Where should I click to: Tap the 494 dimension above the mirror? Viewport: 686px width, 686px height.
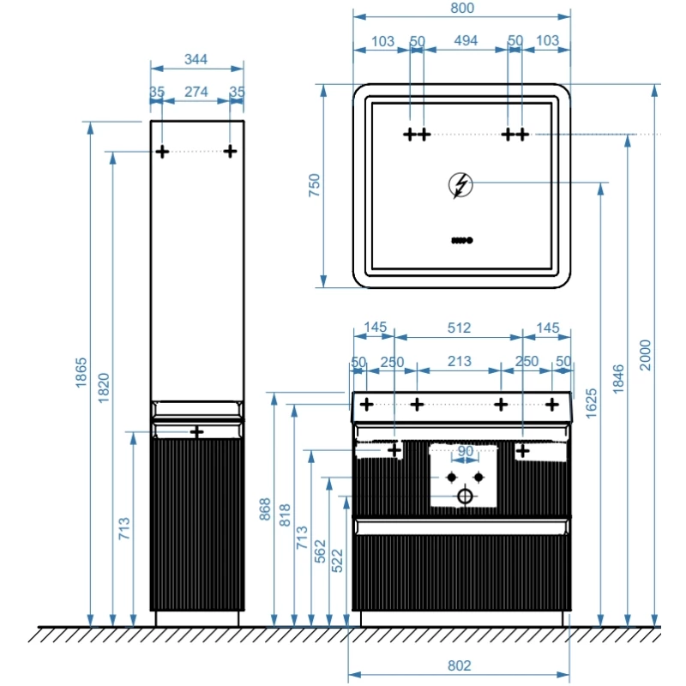[466, 40]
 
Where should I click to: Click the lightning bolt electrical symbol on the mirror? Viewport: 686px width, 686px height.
[460, 185]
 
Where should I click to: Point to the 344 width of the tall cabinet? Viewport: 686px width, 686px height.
[196, 60]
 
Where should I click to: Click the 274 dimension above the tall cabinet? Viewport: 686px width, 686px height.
[197, 92]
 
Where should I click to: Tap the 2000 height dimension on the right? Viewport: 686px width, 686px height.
[647, 352]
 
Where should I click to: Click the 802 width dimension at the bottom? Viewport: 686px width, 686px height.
[460, 665]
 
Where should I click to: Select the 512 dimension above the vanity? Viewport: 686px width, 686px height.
[460, 328]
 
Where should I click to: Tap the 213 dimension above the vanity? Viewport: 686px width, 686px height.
[460, 362]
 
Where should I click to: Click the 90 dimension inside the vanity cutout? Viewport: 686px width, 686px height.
[465, 451]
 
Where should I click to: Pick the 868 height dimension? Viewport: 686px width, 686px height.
[265, 511]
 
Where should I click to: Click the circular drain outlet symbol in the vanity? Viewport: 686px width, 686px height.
[465, 496]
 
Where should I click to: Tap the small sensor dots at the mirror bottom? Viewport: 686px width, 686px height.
[460, 240]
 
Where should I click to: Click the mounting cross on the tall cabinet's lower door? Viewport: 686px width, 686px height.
[196, 431]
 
